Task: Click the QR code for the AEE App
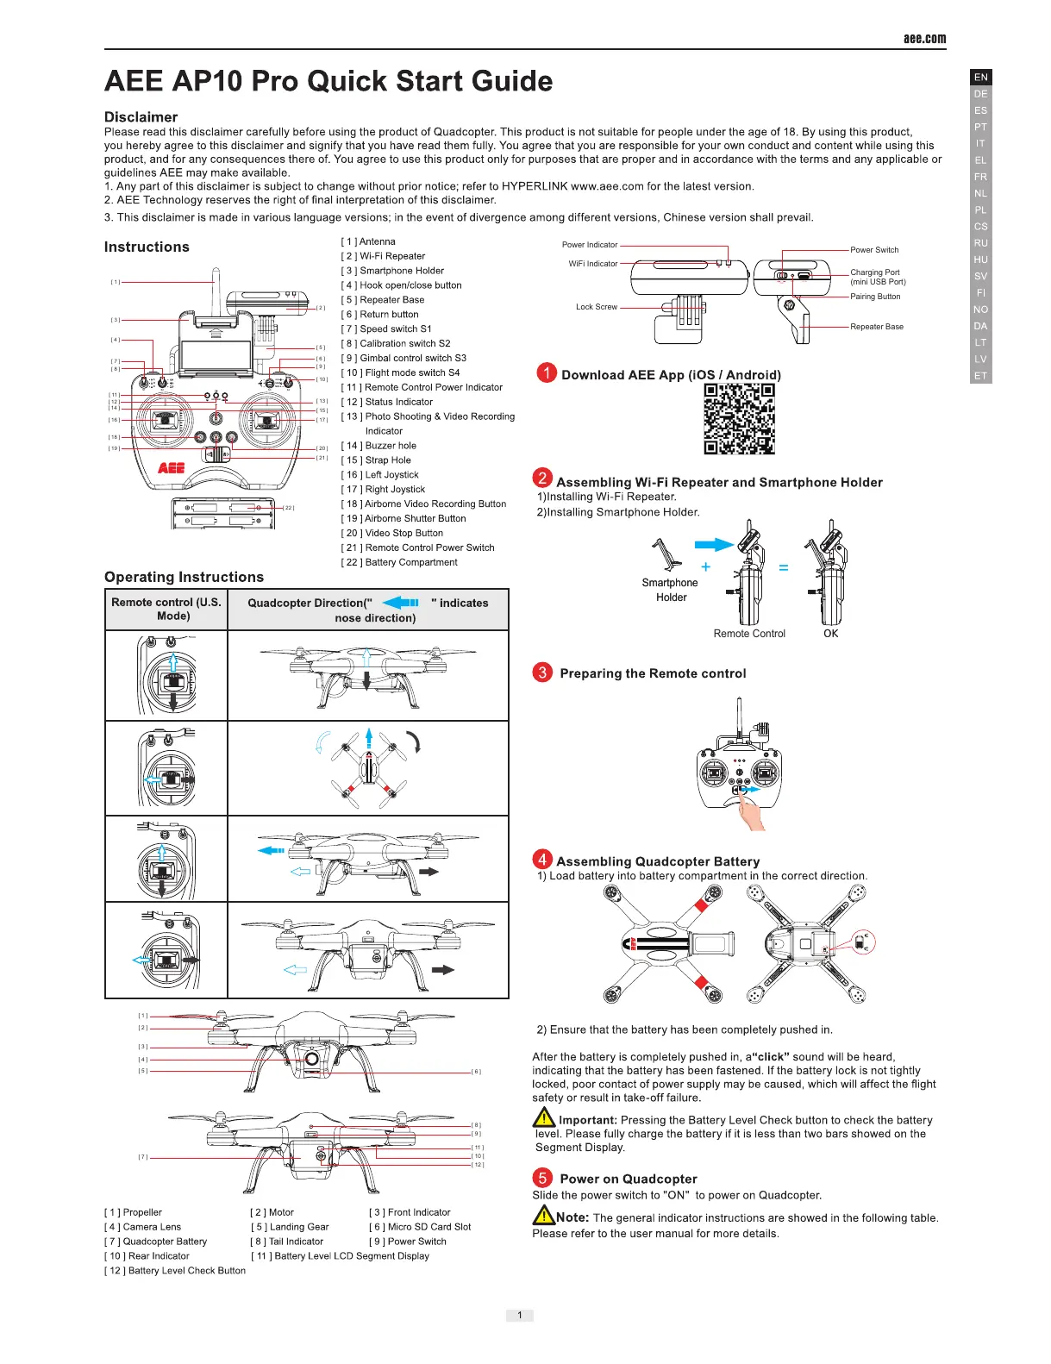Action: [x=739, y=418]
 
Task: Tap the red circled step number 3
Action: [x=542, y=673]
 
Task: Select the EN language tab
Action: [x=980, y=77]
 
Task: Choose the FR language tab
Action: [x=980, y=177]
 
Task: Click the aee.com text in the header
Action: [x=924, y=38]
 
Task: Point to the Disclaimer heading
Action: [x=141, y=117]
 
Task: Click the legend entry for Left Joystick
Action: [x=380, y=475]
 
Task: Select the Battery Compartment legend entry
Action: [x=399, y=562]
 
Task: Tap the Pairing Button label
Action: [x=875, y=297]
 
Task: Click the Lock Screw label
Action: [x=597, y=307]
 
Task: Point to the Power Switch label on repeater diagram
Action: [x=874, y=250]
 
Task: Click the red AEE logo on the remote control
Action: [x=171, y=468]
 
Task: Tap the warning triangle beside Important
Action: [x=544, y=1118]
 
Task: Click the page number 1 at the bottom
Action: [x=519, y=1315]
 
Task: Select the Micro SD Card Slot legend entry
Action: [x=420, y=1227]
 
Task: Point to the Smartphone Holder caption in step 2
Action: [x=670, y=590]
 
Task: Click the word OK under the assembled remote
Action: [x=830, y=634]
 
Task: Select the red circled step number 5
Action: [x=542, y=1178]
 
